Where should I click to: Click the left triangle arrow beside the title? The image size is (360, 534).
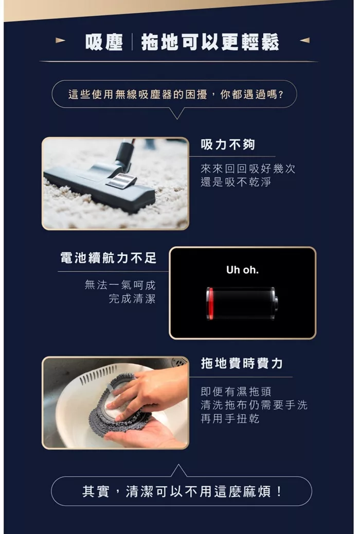(60, 40)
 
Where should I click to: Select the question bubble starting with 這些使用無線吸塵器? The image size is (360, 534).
(175, 95)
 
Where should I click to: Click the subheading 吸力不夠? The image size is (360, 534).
(228, 145)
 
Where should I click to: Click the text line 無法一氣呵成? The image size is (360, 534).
(120, 285)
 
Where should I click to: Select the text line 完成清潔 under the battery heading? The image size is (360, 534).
(132, 299)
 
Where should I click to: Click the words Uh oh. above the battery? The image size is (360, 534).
(242, 270)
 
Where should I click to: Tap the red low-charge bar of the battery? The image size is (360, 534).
(210, 303)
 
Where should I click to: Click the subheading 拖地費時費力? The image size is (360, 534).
(242, 363)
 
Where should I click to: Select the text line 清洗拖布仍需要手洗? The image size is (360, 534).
(254, 405)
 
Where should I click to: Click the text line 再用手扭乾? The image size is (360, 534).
(229, 419)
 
